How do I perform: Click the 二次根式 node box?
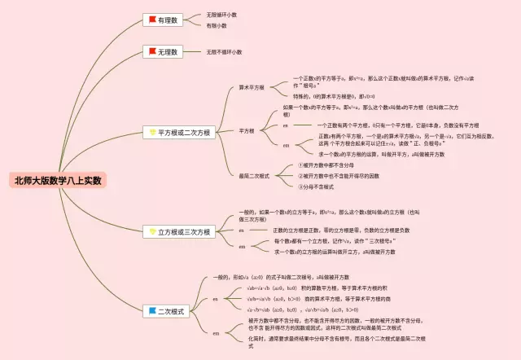click(168, 310)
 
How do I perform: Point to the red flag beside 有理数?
click(151, 19)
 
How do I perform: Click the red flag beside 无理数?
click(151, 51)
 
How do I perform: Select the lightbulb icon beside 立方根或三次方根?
click(151, 231)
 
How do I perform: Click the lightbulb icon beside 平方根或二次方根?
click(151, 131)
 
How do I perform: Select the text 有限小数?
click(217, 25)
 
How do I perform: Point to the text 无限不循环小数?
click(225, 51)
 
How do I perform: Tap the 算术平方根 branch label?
click(252, 87)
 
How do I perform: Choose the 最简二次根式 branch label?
click(254, 175)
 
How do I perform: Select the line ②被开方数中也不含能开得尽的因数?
click(339, 175)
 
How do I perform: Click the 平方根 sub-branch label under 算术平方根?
click(247, 130)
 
